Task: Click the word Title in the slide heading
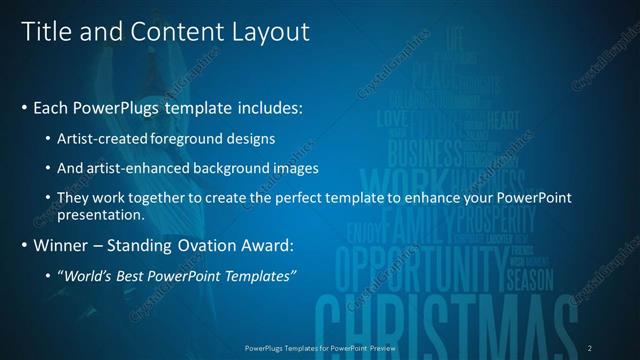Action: [x=45, y=32]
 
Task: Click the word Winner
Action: [x=62, y=246]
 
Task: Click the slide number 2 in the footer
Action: [x=589, y=347]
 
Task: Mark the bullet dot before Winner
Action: [x=24, y=246]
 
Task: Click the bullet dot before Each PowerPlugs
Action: [x=24, y=106]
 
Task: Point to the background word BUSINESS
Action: [x=425, y=153]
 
